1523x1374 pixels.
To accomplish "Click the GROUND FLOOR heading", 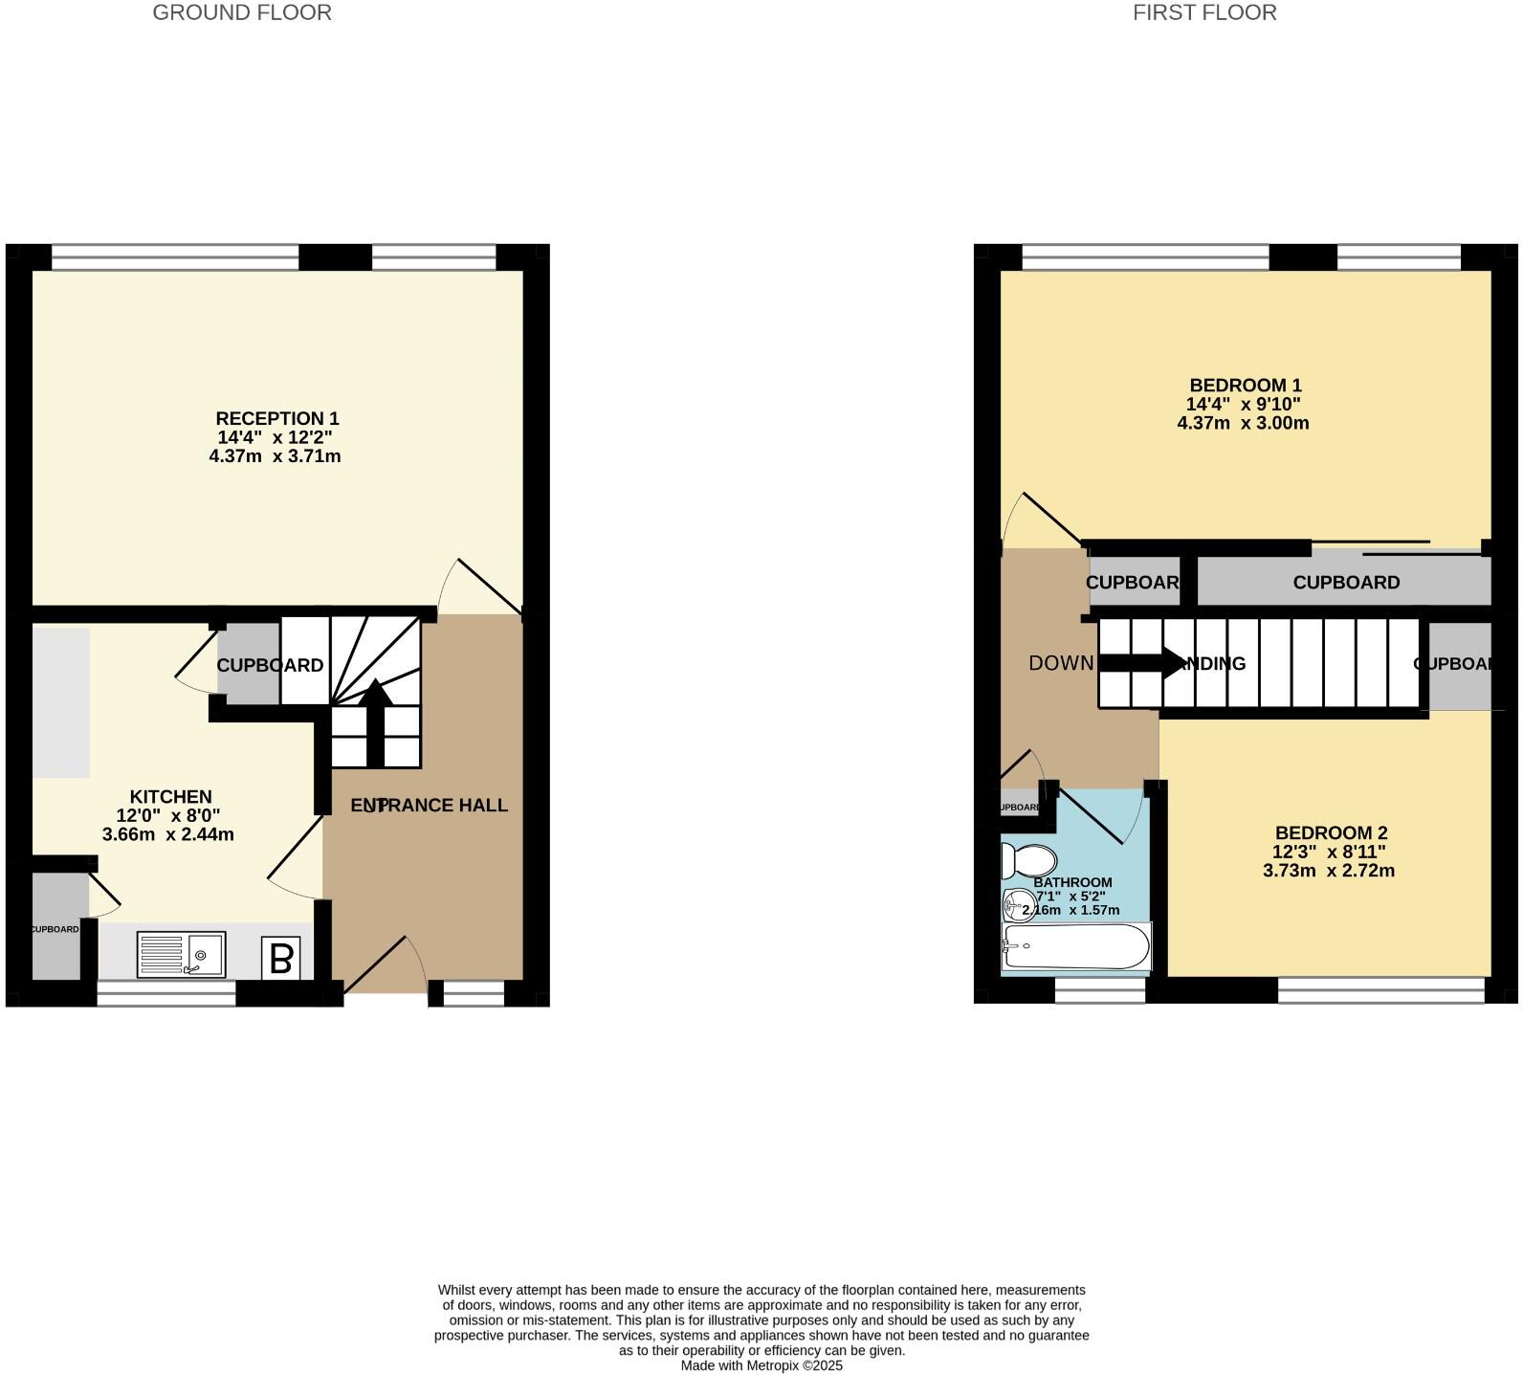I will (242, 12).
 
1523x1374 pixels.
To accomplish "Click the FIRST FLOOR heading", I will (1203, 12).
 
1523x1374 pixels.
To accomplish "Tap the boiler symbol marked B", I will (280, 958).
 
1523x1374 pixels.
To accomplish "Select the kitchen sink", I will (181, 954).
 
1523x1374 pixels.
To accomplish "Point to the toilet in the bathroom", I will (1027, 860).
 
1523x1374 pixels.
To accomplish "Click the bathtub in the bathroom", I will (1074, 946).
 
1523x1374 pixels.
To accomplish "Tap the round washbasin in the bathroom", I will (1016, 902).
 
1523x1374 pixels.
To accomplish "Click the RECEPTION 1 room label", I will (276, 418).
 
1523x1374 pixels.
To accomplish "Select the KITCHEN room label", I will (170, 796).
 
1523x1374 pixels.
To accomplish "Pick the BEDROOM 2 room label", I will (1330, 832).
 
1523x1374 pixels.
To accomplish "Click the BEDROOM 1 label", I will (1245, 386).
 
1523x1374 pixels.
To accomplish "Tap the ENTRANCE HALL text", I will (429, 805).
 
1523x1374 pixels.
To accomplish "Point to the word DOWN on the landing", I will (1060, 663).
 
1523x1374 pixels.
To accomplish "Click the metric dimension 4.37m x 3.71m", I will (275, 456).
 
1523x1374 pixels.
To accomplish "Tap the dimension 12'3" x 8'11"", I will (1328, 852).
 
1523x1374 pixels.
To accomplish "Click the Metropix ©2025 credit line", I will (761, 1365).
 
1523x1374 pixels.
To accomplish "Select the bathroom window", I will (1099, 990).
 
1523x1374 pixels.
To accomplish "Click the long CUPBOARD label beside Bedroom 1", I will (1345, 582).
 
